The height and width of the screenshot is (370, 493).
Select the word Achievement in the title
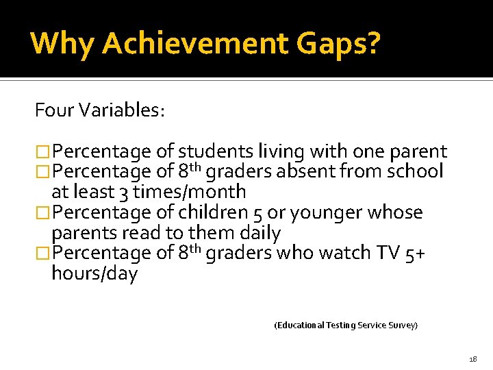pos(195,43)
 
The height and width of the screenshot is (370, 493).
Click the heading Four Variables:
pos(100,110)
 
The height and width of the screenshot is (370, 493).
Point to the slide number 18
pos(472,359)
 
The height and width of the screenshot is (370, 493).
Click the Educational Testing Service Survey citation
pos(346,325)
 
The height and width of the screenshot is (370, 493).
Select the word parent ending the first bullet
pos(416,151)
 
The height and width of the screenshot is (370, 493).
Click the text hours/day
pos(94,273)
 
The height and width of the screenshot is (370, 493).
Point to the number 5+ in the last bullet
pos(416,253)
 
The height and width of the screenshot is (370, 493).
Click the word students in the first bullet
pos(215,151)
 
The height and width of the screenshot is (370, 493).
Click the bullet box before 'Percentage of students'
pos(43,152)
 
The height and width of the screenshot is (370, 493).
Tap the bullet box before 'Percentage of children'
pos(43,213)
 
